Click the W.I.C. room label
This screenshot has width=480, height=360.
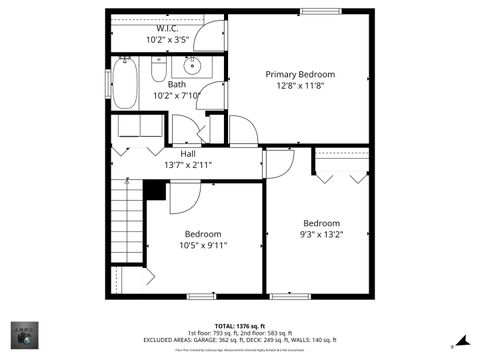click(x=167, y=28)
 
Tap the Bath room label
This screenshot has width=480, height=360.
click(x=177, y=84)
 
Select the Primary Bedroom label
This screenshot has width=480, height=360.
click(x=299, y=74)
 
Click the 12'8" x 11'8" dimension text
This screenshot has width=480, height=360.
click(x=299, y=86)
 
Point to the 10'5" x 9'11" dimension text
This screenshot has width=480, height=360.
click(x=204, y=245)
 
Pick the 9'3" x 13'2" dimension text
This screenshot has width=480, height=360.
click(x=322, y=235)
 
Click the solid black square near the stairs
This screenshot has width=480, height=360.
click(x=154, y=190)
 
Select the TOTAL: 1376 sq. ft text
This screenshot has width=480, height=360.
click(x=240, y=325)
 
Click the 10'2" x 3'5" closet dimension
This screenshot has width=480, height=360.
click(x=167, y=40)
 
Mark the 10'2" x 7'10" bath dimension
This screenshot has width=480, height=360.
click(x=177, y=96)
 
